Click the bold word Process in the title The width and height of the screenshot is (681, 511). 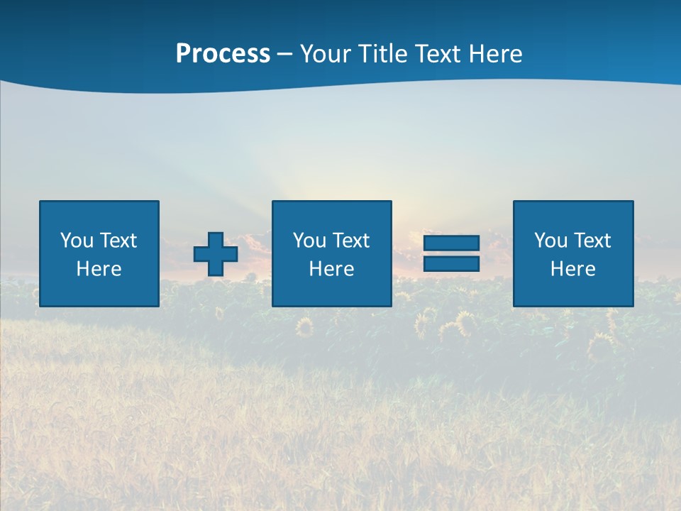[x=223, y=54]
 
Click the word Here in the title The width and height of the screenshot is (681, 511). [x=496, y=54]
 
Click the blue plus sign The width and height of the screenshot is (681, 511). [x=216, y=254]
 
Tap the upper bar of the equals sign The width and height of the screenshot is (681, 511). [x=451, y=243]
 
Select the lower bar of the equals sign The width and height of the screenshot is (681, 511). [x=451, y=263]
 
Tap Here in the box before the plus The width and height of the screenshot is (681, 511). [x=99, y=269]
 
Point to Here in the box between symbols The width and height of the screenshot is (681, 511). [x=331, y=269]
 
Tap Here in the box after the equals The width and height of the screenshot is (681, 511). [x=573, y=269]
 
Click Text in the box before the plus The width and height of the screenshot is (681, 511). [x=118, y=241]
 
